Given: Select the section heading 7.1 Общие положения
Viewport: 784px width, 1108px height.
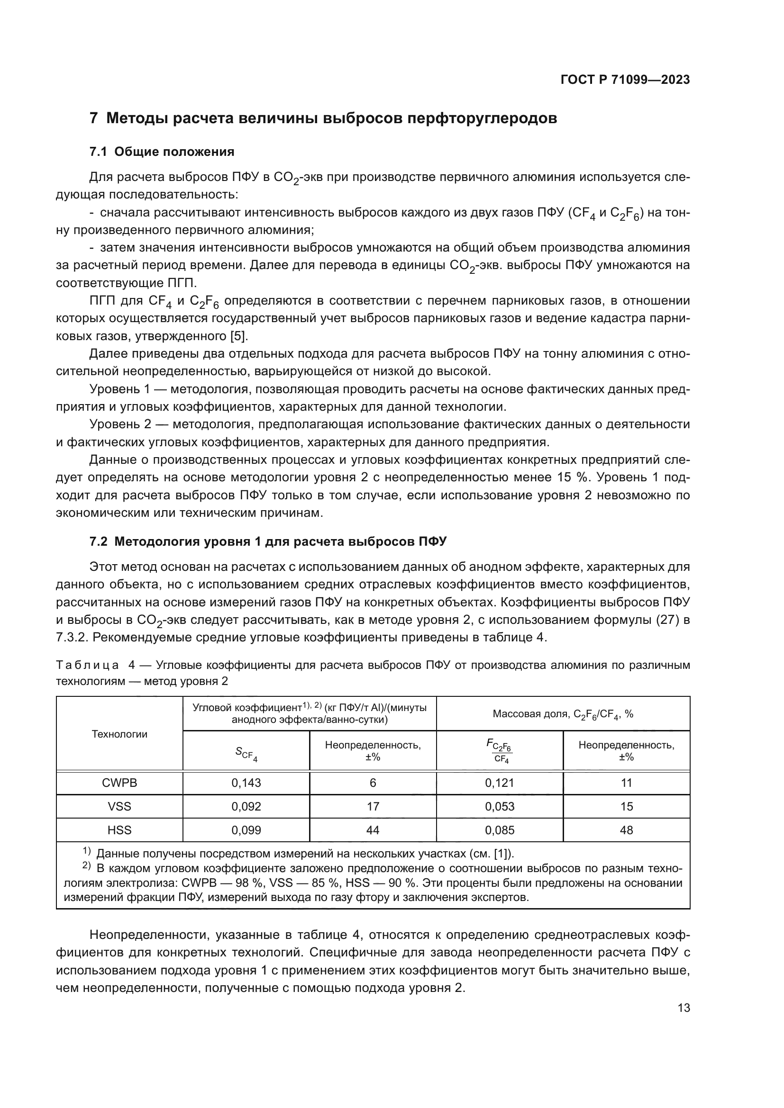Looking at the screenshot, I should pyautogui.click(x=162, y=152).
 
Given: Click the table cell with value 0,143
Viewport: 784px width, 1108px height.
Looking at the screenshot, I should pyautogui.click(x=246, y=783).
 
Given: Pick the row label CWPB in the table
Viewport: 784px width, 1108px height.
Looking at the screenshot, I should pyautogui.click(x=119, y=783).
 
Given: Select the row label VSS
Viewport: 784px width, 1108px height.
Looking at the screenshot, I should pyautogui.click(x=119, y=806).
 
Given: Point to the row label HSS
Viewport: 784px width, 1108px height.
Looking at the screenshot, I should pyautogui.click(x=119, y=830).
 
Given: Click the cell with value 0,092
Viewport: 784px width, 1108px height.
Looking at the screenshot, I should pyautogui.click(x=246, y=806).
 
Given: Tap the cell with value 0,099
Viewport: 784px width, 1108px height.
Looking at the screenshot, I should pyautogui.click(x=246, y=830).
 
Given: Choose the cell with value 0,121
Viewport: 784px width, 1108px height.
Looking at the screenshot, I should pyautogui.click(x=500, y=783).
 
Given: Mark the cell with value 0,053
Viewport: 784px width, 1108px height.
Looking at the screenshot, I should pyautogui.click(x=500, y=806).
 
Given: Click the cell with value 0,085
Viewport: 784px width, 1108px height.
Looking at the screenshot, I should pyautogui.click(x=500, y=830).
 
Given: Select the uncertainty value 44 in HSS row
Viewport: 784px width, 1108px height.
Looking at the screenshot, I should pyautogui.click(x=373, y=830).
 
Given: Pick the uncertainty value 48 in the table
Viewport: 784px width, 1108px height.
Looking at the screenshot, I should pyautogui.click(x=626, y=830).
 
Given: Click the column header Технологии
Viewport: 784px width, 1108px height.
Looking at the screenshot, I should pyautogui.click(x=119, y=734).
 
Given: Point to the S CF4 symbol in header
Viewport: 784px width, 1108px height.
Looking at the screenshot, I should pyautogui.click(x=246, y=753).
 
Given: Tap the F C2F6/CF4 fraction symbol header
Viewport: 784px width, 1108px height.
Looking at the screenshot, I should pyautogui.click(x=500, y=751).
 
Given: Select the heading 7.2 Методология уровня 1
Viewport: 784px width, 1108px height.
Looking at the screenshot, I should pyautogui.click(x=268, y=542).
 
